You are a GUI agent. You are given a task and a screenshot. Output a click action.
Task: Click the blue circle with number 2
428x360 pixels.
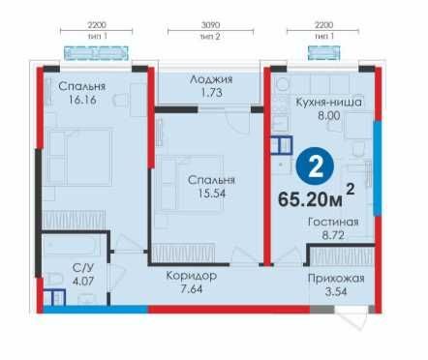click(x=315, y=166)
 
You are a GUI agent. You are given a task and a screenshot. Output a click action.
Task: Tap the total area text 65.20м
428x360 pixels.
click(x=310, y=199)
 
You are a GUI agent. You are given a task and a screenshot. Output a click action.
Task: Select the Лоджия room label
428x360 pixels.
click(x=211, y=79)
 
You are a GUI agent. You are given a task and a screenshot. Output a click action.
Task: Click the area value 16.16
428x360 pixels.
click(x=82, y=100)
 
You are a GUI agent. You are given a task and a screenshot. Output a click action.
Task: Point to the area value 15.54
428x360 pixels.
click(x=212, y=194)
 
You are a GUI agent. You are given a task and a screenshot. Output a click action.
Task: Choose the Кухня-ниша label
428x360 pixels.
click(x=329, y=103)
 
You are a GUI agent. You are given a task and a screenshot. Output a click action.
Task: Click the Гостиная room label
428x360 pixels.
click(x=333, y=222)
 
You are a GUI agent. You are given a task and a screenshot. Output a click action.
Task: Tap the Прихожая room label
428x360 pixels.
click(x=336, y=279)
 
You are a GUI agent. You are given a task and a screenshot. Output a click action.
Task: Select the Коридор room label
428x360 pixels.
click(x=192, y=276)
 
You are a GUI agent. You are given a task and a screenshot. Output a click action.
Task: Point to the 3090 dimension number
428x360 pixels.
click(x=210, y=25)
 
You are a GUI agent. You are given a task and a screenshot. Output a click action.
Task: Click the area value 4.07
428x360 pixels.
click(x=83, y=281)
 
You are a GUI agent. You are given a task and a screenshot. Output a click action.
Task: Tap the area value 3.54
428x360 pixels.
click(x=336, y=292)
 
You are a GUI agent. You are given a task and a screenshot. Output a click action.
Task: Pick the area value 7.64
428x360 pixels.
click(x=192, y=289)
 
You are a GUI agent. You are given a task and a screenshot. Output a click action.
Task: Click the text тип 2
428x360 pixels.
click(x=210, y=37)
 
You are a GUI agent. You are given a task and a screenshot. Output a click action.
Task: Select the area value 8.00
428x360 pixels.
click(x=329, y=115)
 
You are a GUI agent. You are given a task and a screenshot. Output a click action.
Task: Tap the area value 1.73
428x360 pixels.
click(x=211, y=93)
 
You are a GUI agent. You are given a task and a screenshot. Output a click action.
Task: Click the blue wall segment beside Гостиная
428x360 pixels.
click(x=378, y=168)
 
